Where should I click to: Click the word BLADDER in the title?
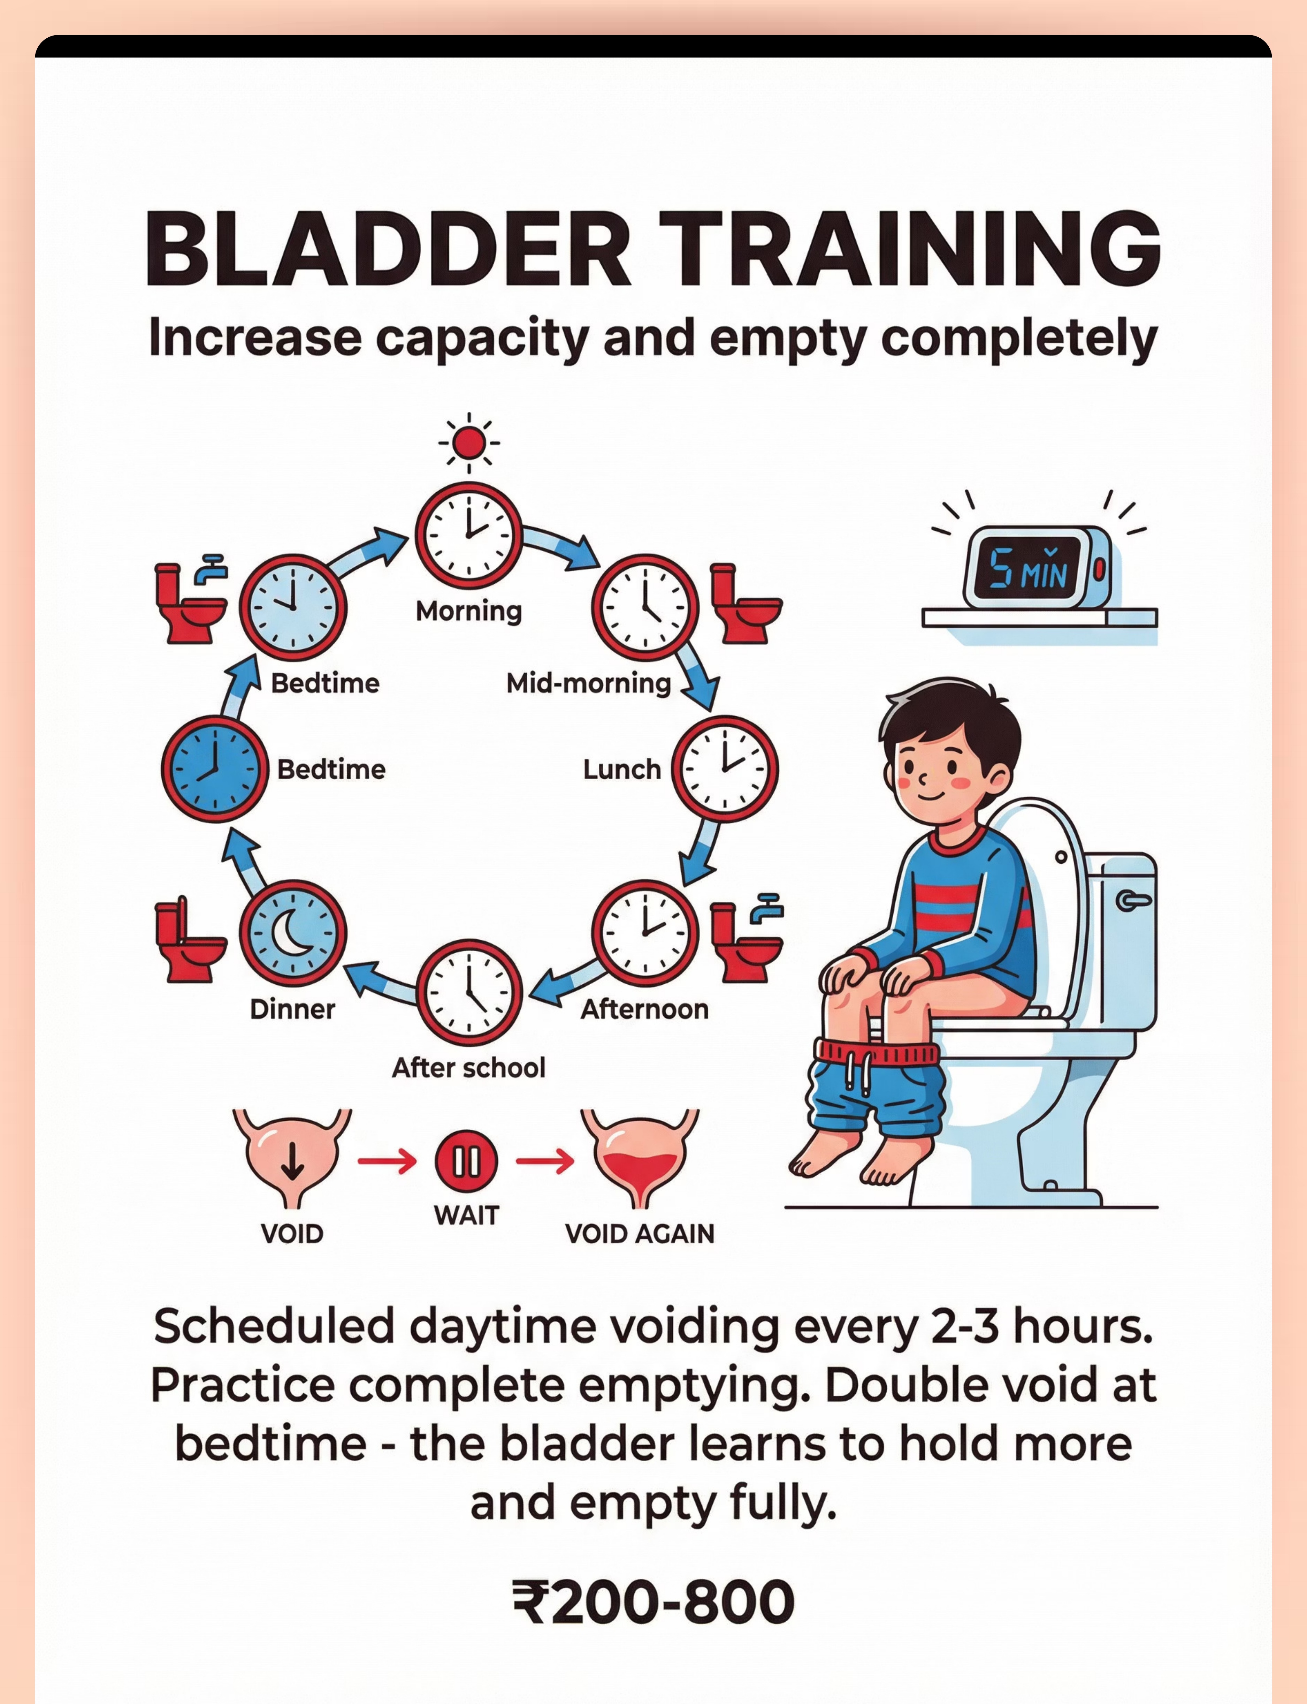point(388,249)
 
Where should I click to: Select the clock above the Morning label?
point(468,535)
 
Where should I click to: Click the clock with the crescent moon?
point(292,933)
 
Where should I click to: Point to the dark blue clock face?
point(215,769)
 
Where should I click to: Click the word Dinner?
point(292,1009)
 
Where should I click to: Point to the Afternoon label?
point(645,1009)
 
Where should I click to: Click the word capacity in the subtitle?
point(482,339)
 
